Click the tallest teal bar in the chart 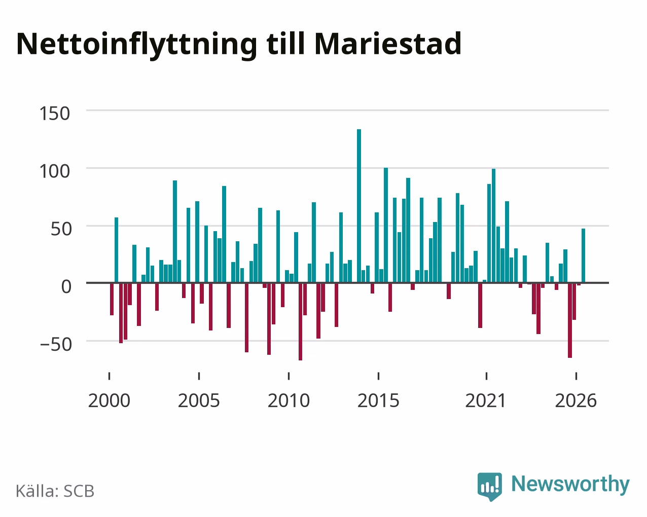[359, 206]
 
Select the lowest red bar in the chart [300, 322]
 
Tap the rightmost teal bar [583, 256]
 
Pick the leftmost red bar [112, 299]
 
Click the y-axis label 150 [55, 114]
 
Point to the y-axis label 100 [55, 172]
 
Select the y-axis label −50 [56, 345]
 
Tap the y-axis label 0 [66, 286]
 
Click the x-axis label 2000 [109, 400]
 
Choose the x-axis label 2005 [199, 400]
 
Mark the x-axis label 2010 [289, 400]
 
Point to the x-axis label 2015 [378, 400]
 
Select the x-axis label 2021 [486, 400]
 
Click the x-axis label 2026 [576, 400]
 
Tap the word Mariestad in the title [388, 44]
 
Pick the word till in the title [285, 44]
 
